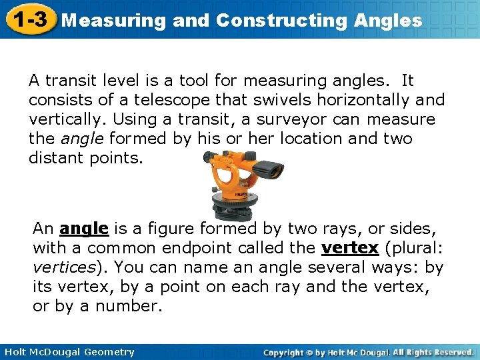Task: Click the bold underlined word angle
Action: coord(83,229)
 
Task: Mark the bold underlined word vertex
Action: coord(349,248)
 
